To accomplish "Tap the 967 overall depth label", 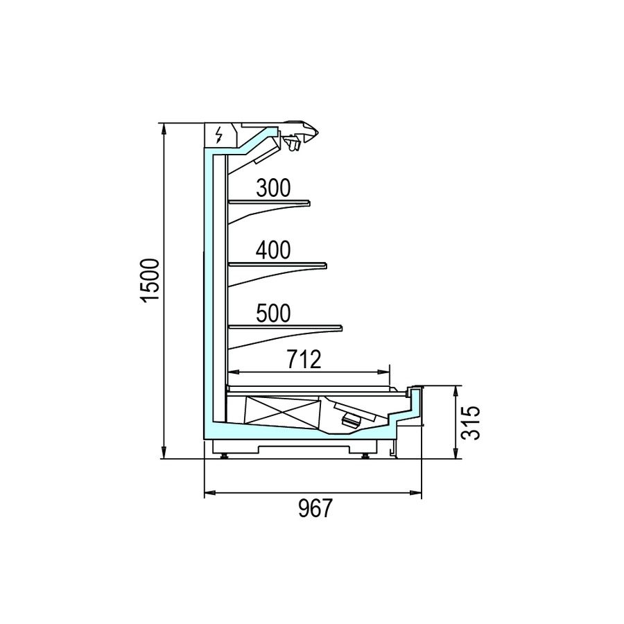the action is coord(315,508).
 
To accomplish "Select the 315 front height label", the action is coord(471,423).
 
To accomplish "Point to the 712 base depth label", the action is coord(304,359).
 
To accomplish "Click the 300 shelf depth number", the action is coord(273,188).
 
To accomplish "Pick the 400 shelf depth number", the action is coord(273,250).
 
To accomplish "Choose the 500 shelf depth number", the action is coord(273,313).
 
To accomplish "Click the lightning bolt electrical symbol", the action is coord(218,135).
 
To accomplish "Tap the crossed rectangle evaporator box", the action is coord(283,411).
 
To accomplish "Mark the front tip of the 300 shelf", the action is coord(310,203).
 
